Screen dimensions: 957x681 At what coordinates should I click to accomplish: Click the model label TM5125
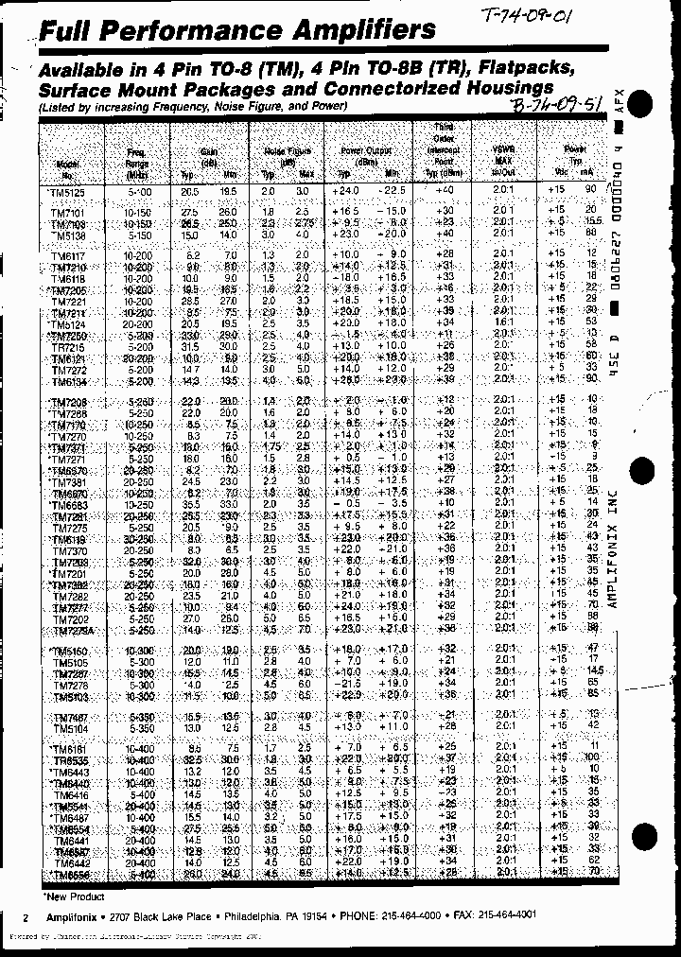[x=66, y=192]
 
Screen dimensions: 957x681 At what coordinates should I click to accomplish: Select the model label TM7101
[x=67, y=213]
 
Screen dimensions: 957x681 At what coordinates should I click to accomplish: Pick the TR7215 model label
[x=67, y=348]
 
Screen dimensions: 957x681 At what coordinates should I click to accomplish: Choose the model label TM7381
[x=68, y=481]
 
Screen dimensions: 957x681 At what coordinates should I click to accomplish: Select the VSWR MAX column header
[x=503, y=157]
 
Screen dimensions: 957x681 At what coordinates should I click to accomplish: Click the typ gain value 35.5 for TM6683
[x=190, y=505]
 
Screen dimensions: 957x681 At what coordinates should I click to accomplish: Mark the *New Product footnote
[x=73, y=896]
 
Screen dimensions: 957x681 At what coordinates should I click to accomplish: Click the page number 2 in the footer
[x=26, y=917]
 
